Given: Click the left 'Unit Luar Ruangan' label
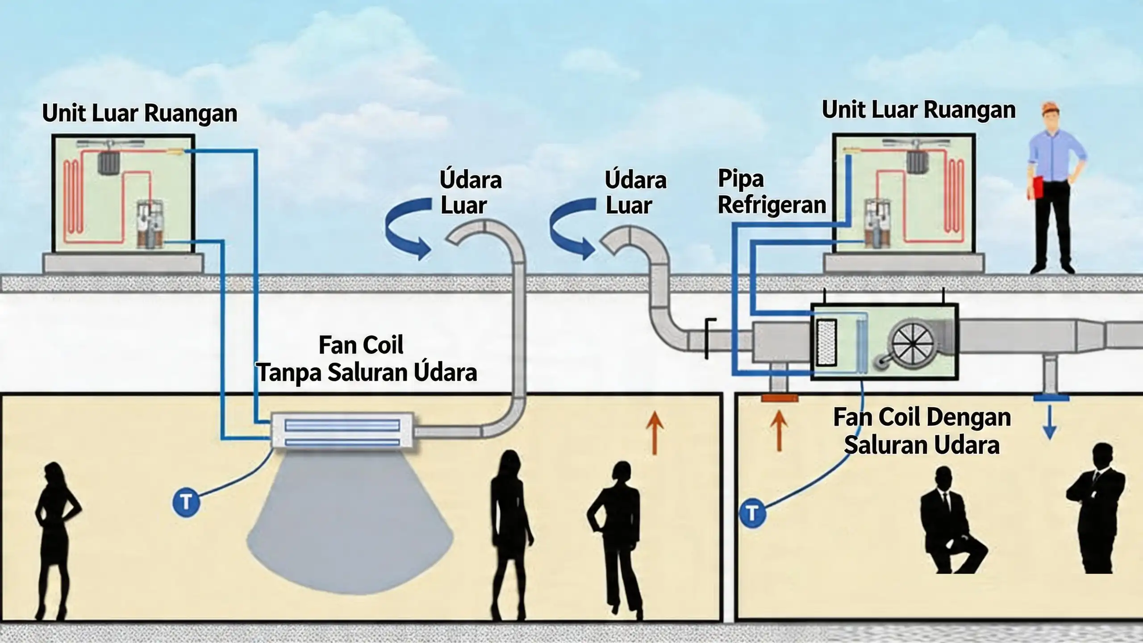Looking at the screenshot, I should click(139, 113).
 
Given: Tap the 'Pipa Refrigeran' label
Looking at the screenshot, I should click(771, 192).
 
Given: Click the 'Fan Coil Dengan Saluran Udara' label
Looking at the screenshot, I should click(921, 431).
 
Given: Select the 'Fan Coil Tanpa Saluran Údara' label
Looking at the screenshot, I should click(366, 359).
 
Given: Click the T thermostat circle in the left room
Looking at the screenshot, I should click(186, 502).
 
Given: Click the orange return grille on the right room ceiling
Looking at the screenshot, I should click(779, 398).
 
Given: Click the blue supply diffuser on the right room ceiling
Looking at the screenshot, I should click(1050, 397).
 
